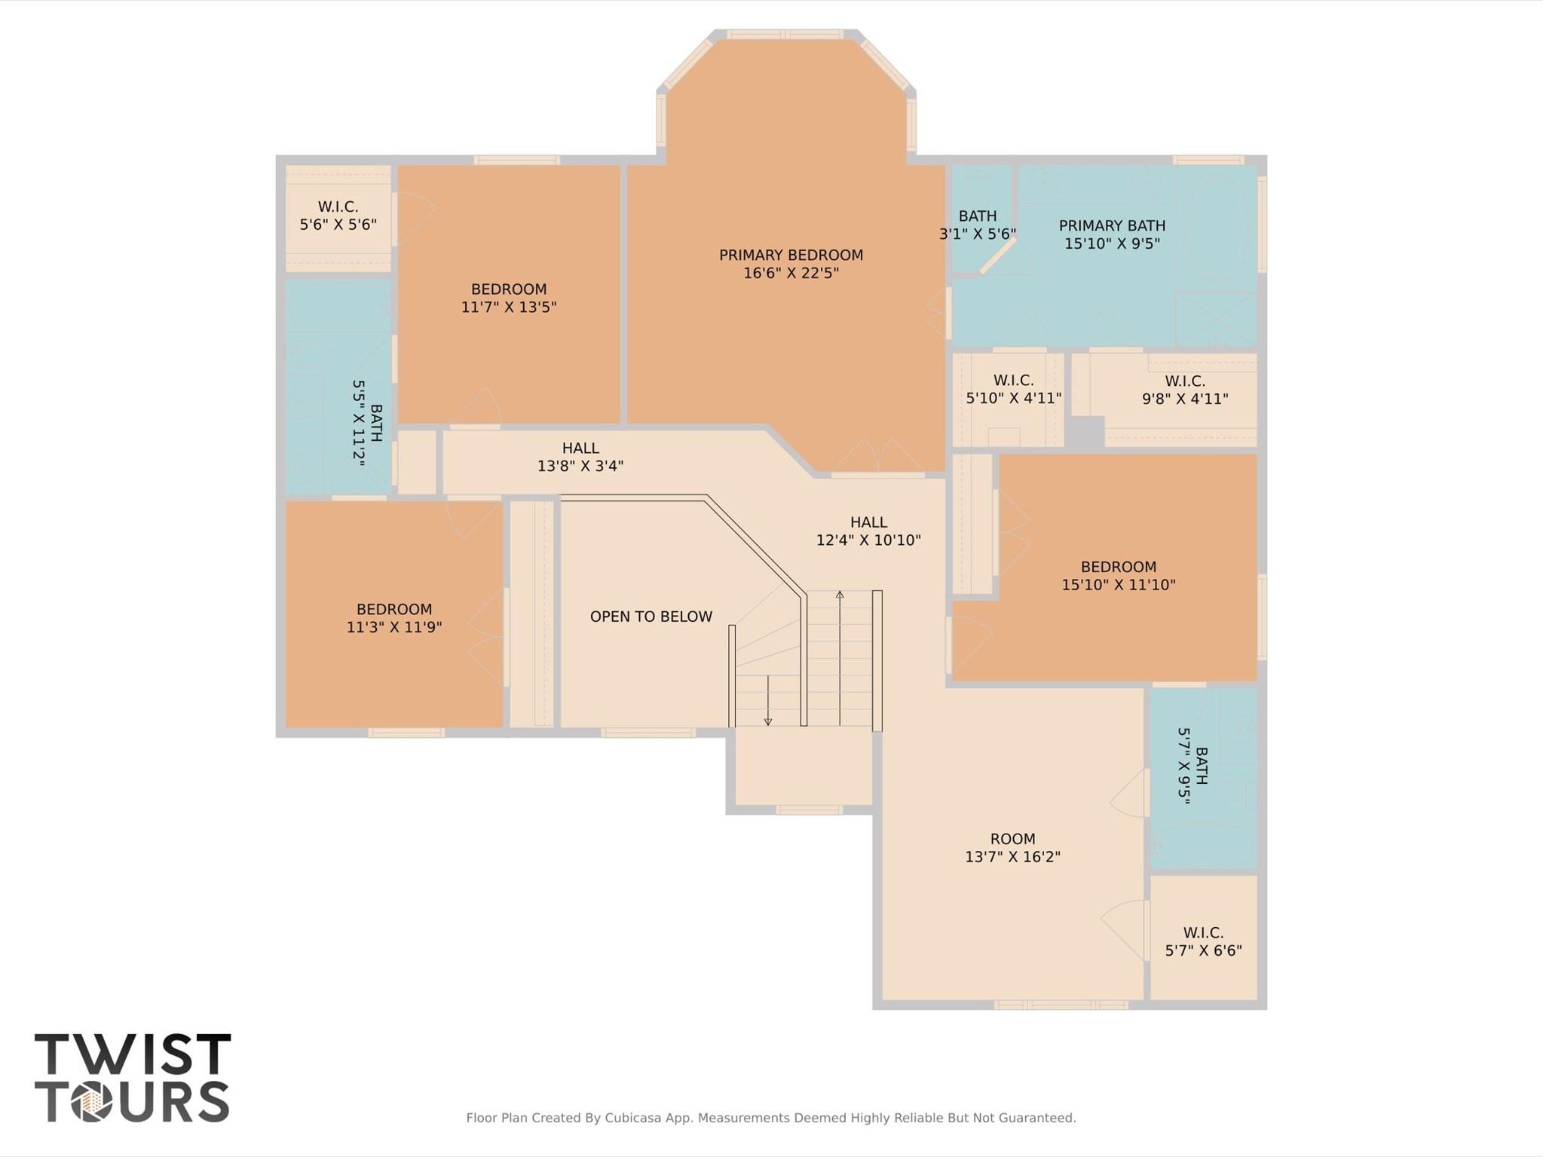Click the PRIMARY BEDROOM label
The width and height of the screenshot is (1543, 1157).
coord(791,256)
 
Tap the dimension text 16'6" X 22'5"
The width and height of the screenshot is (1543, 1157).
coord(791,274)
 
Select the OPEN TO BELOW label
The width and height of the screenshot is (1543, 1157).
coord(651,617)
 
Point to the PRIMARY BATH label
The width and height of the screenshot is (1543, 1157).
coord(1112,225)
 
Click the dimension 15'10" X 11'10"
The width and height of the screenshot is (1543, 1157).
coord(1119,585)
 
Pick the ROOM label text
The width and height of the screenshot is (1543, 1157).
coord(1012,839)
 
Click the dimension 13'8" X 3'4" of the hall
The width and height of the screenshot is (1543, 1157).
coord(580,467)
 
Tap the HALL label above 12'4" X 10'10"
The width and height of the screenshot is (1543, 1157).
coord(868,522)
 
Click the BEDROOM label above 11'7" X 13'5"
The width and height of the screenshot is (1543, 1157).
coord(509,289)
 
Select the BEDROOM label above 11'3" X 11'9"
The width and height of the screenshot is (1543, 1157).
coord(394,609)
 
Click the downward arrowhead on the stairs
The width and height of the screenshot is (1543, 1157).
coord(768,721)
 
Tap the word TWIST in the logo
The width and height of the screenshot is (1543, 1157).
coord(133,1054)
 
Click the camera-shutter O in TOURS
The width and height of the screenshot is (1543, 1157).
coord(93,1102)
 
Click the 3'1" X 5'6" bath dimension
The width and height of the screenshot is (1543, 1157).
coord(978,234)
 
